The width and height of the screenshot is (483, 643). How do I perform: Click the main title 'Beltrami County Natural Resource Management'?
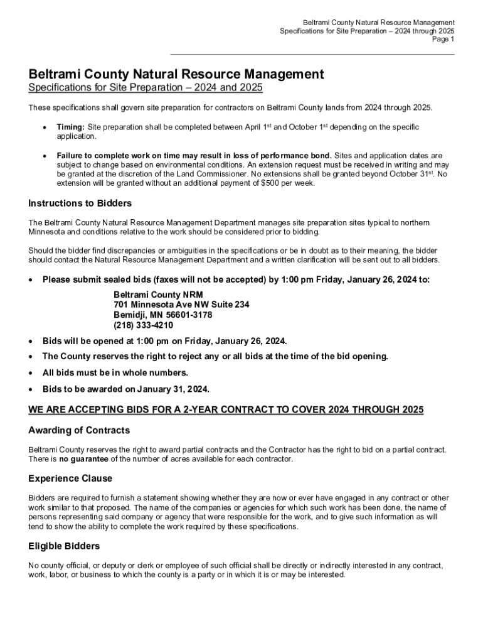pyautogui.click(x=176, y=75)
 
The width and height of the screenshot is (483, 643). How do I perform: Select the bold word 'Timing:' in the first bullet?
pyautogui.click(x=70, y=127)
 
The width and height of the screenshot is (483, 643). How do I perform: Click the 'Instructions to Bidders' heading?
pyautogui.click(x=80, y=203)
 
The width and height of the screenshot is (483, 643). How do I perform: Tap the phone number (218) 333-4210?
pyautogui.click(x=143, y=325)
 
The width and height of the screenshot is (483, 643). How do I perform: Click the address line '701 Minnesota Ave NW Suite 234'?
pyautogui.click(x=181, y=305)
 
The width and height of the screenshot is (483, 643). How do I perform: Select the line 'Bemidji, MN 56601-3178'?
pyautogui.click(x=162, y=315)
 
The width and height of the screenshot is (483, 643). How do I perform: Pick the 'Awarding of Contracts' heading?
pyautogui.click(x=79, y=430)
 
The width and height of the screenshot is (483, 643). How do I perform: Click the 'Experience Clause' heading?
pyautogui.click(x=70, y=478)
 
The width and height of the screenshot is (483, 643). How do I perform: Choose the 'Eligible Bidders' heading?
pyautogui.click(x=64, y=546)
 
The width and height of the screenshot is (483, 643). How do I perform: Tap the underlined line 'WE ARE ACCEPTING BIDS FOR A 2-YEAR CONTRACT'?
pyautogui.click(x=226, y=410)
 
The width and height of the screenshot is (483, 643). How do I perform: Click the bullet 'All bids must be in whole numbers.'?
pyautogui.click(x=115, y=373)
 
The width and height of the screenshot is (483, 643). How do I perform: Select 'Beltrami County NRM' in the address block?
pyautogui.click(x=158, y=294)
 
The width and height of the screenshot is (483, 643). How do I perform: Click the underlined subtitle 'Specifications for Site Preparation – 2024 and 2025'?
pyautogui.click(x=145, y=88)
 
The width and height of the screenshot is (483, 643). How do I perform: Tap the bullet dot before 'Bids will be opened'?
pyautogui.click(x=31, y=341)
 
